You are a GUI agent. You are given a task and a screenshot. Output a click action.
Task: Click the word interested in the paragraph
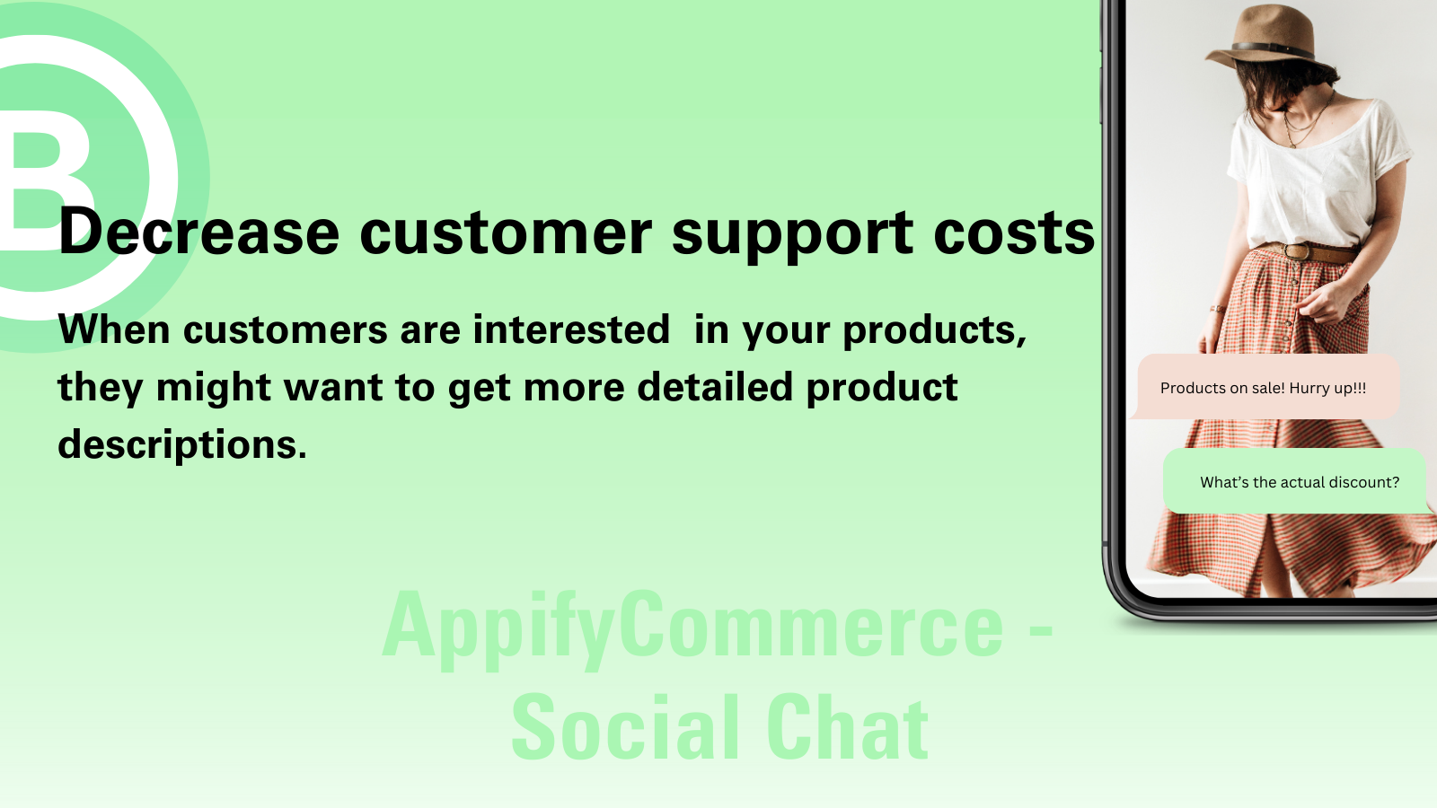[x=571, y=329]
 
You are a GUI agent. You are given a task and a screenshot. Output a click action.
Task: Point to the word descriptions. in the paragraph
[x=182, y=445]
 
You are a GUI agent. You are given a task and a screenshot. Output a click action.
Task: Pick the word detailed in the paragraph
[x=715, y=387]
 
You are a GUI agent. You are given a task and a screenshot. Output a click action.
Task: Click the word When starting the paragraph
[x=114, y=329]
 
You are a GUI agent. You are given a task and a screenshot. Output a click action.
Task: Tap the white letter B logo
[x=45, y=180]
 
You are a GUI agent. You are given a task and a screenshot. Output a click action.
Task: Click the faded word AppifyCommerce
[x=692, y=628]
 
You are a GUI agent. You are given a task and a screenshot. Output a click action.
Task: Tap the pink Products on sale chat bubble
[x=1264, y=387]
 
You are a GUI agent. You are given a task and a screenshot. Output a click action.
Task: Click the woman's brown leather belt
[x=1309, y=251]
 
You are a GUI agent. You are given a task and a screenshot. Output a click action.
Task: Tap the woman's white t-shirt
[x=1315, y=173]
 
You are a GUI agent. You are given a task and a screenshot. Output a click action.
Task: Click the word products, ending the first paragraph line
[x=935, y=331]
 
